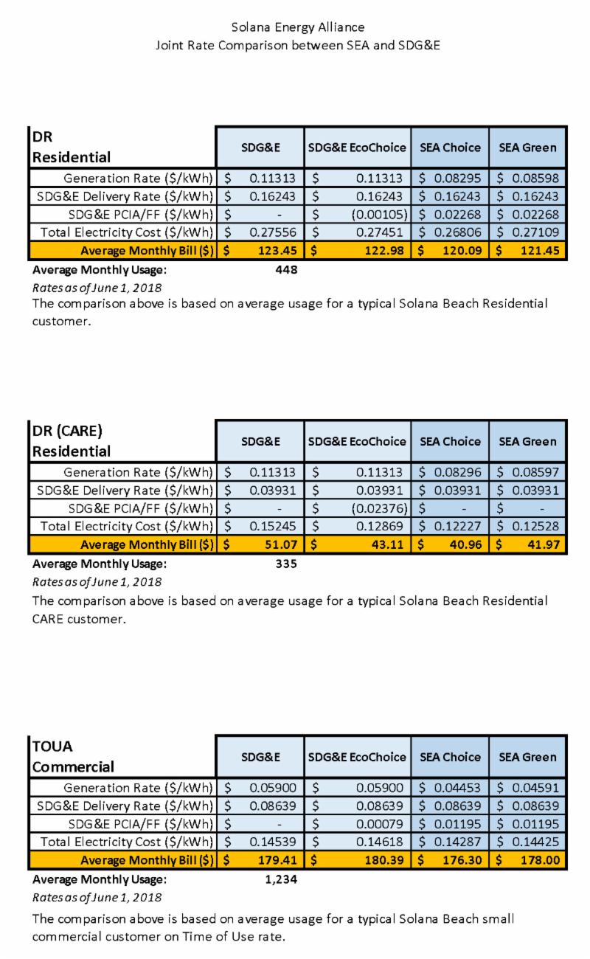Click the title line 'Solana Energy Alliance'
pos(297,27)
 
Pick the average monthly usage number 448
pos(285,270)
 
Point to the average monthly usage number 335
pos(285,564)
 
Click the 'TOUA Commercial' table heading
pos(73,756)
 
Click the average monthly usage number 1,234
pos(281,879)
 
